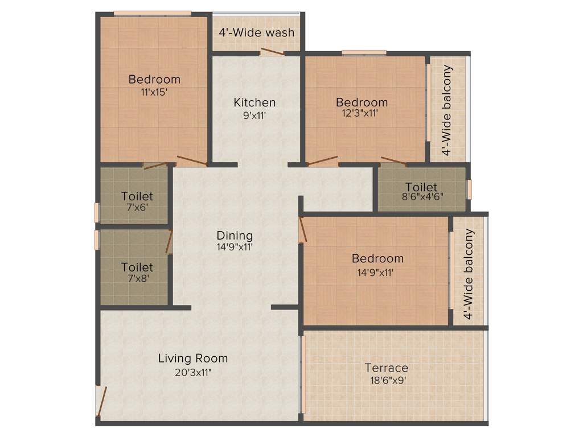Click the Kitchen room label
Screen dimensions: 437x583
254,102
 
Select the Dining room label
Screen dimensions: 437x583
235,235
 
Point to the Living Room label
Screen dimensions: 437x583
193,358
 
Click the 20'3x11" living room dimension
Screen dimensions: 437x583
193,373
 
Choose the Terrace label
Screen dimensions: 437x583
387,368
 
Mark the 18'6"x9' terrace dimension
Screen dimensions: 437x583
387,381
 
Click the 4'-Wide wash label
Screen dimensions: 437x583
257,32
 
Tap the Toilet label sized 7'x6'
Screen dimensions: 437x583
137,196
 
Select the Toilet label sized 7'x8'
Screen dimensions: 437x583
137,267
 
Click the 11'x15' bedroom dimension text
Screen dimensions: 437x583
154,92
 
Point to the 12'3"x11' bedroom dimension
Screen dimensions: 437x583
362,113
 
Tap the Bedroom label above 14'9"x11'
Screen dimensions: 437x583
377,258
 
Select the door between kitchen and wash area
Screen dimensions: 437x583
272,52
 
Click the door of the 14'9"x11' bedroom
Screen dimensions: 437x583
302,230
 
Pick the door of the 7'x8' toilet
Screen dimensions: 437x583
169,242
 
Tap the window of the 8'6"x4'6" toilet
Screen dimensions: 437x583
470,189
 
